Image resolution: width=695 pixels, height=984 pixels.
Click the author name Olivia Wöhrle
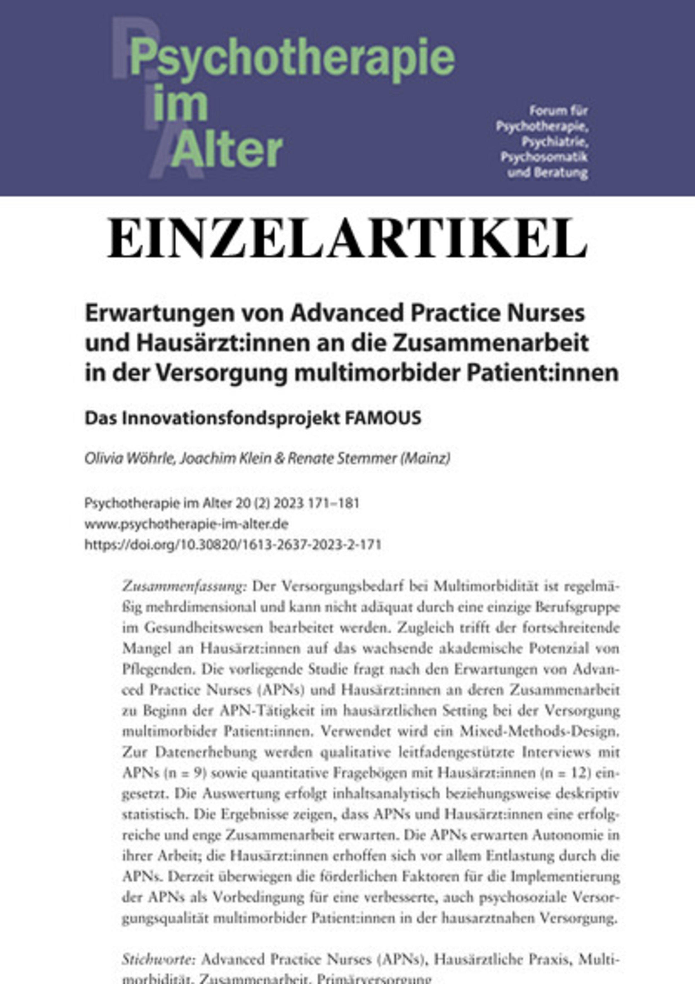pyautogui.click(x=128, y=459)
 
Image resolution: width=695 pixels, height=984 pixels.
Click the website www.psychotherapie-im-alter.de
pyautogui.click(x=186, y=524)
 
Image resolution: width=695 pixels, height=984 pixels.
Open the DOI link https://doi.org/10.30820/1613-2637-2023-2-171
pyautogui.click(x=233, y=544)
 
